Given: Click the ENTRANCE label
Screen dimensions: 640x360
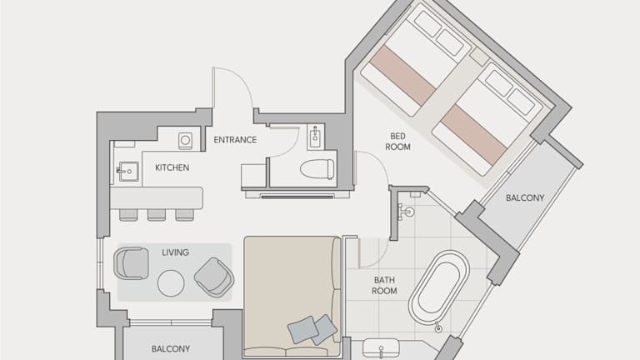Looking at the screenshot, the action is [235, 140].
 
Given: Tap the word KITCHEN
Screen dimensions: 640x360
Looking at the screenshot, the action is [172, 167].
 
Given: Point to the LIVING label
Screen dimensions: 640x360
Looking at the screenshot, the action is [176, 252].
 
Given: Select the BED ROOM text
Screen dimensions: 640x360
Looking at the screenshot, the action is [397, 141].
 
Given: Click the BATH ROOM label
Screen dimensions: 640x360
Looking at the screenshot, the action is [384, 285].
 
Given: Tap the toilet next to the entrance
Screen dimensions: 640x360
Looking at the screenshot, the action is [317, 169].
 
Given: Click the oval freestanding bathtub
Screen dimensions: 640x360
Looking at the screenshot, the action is [439, 287].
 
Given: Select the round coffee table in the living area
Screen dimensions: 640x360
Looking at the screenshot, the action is [171, 283].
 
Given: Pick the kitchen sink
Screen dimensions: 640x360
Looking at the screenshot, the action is [127, 172].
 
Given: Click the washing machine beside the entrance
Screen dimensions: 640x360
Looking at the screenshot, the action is [185, 141].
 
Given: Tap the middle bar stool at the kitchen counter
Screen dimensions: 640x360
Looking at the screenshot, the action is [157, 215].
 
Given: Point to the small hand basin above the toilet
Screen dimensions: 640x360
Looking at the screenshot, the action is [316, 137].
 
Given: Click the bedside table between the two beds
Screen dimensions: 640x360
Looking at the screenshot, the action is [479, 57].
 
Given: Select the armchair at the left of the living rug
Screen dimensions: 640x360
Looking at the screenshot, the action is [131, 263].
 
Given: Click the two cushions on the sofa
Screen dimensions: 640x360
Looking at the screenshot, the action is [312, 329].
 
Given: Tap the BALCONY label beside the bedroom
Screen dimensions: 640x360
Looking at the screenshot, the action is [525, 198].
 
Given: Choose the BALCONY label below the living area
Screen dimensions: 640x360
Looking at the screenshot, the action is [171, 349].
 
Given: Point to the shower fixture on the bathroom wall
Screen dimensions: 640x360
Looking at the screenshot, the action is [405, 212].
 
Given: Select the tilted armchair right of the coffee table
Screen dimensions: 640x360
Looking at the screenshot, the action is [214, 277].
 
